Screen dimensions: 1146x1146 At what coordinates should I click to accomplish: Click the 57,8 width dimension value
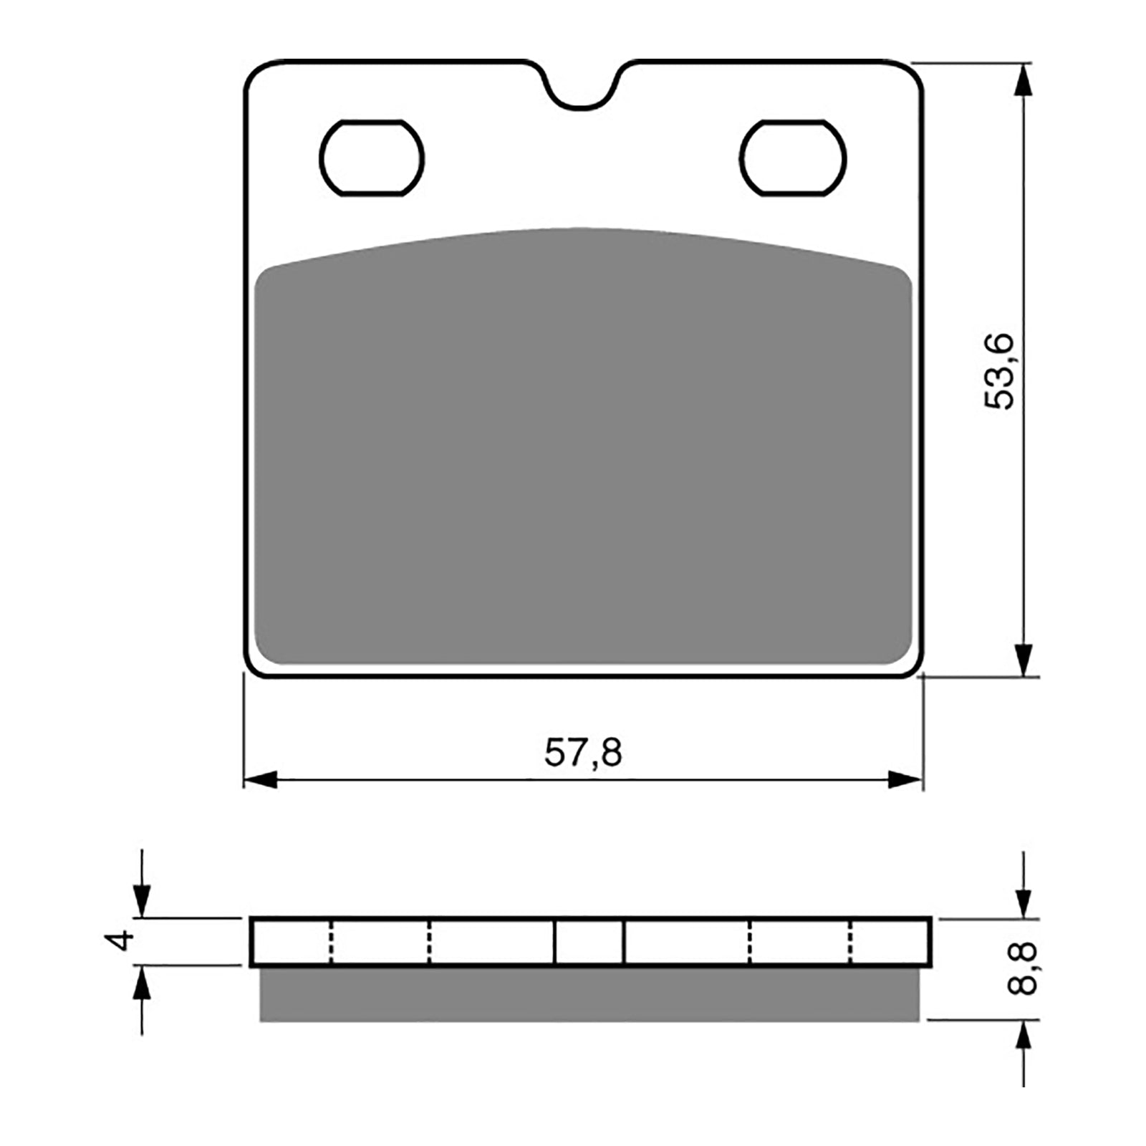tap(583, 753)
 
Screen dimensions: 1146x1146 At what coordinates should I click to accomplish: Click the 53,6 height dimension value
tap(1000, 371)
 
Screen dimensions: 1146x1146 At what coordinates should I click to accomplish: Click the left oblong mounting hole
tap(372, 158)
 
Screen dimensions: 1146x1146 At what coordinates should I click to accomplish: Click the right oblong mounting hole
tap(794, 158)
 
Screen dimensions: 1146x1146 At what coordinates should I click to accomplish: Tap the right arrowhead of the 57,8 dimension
tap(905, 780)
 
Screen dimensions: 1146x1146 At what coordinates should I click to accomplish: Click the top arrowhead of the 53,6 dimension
tap(1025, 81)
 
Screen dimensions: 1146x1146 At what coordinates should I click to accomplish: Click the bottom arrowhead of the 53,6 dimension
tap(1025, 659)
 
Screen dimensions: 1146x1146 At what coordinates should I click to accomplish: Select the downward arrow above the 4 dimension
tap(143, 900)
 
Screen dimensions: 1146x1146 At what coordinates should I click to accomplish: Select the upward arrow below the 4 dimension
tap(143, 983)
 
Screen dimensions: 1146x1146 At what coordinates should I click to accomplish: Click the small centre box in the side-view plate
tap(589, 941)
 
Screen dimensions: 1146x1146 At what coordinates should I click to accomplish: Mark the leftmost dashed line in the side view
tap(331, 941)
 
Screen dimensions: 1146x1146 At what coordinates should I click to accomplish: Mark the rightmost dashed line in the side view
tap(852, 941)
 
